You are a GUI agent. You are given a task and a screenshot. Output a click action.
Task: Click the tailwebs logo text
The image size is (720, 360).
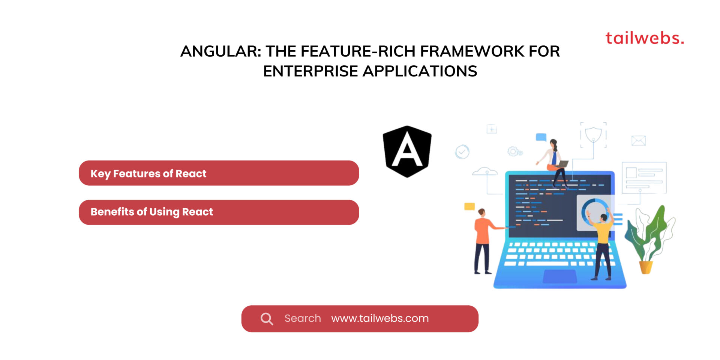tap(645, 38)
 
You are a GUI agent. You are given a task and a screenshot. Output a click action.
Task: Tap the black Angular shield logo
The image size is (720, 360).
tap(407, 151)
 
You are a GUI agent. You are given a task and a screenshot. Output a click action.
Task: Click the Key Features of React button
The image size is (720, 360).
tap(219, 173)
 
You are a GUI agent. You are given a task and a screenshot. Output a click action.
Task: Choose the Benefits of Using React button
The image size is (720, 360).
tap(219, 212)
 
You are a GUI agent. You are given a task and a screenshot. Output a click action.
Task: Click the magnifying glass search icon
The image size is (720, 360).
tap(267, 319)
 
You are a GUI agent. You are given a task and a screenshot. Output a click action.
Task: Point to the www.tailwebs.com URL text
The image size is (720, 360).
tap(380, 318)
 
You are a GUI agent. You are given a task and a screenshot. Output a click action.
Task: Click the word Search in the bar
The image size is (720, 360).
tap(303, 318)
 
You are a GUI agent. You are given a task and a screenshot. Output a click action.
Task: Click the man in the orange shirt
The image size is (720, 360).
tap(483, 240)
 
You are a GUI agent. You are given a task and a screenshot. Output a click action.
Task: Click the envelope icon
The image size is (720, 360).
tap(638, 141)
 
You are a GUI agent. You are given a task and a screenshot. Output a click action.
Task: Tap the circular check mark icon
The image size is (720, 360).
tap(462, 152)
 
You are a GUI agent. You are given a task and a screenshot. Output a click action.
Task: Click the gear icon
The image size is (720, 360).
tap(513, 151)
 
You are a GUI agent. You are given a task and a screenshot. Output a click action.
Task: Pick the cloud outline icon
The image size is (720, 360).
tap(485, 172)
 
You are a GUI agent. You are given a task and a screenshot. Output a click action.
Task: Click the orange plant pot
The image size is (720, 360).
tap(646, 267)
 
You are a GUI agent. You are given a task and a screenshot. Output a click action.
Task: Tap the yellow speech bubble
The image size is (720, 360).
tap(469, 206)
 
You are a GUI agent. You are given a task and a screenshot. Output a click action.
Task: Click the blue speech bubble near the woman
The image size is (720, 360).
tap(541, 137)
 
